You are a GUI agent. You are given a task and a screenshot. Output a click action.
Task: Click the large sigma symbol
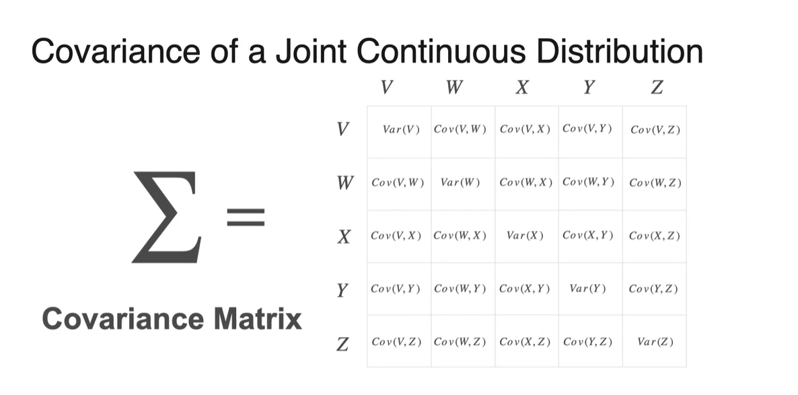(x=166, y=217)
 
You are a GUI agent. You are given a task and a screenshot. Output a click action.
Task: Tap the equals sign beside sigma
(x=246, y=217)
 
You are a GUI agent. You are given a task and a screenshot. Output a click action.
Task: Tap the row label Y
(x=343, y=291)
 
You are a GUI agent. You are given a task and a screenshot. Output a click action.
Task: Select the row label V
(x=343, y=128)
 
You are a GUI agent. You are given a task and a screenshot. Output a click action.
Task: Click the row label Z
(x=343, y=343)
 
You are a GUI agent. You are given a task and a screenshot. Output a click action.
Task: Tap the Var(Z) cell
(x=655, y=343)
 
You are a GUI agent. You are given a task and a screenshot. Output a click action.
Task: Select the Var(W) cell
(x=460, y=182)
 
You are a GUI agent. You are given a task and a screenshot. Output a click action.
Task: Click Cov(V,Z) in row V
(x=655, y=129)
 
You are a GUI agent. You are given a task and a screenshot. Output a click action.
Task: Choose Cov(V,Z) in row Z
(x=396, y=343)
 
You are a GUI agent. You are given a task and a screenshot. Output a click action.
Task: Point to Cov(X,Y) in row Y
(x=525, y=289)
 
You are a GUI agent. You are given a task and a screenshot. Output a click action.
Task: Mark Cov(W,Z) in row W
(x=655, y=182)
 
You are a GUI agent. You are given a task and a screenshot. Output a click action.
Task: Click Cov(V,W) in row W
(x=396, y=182)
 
